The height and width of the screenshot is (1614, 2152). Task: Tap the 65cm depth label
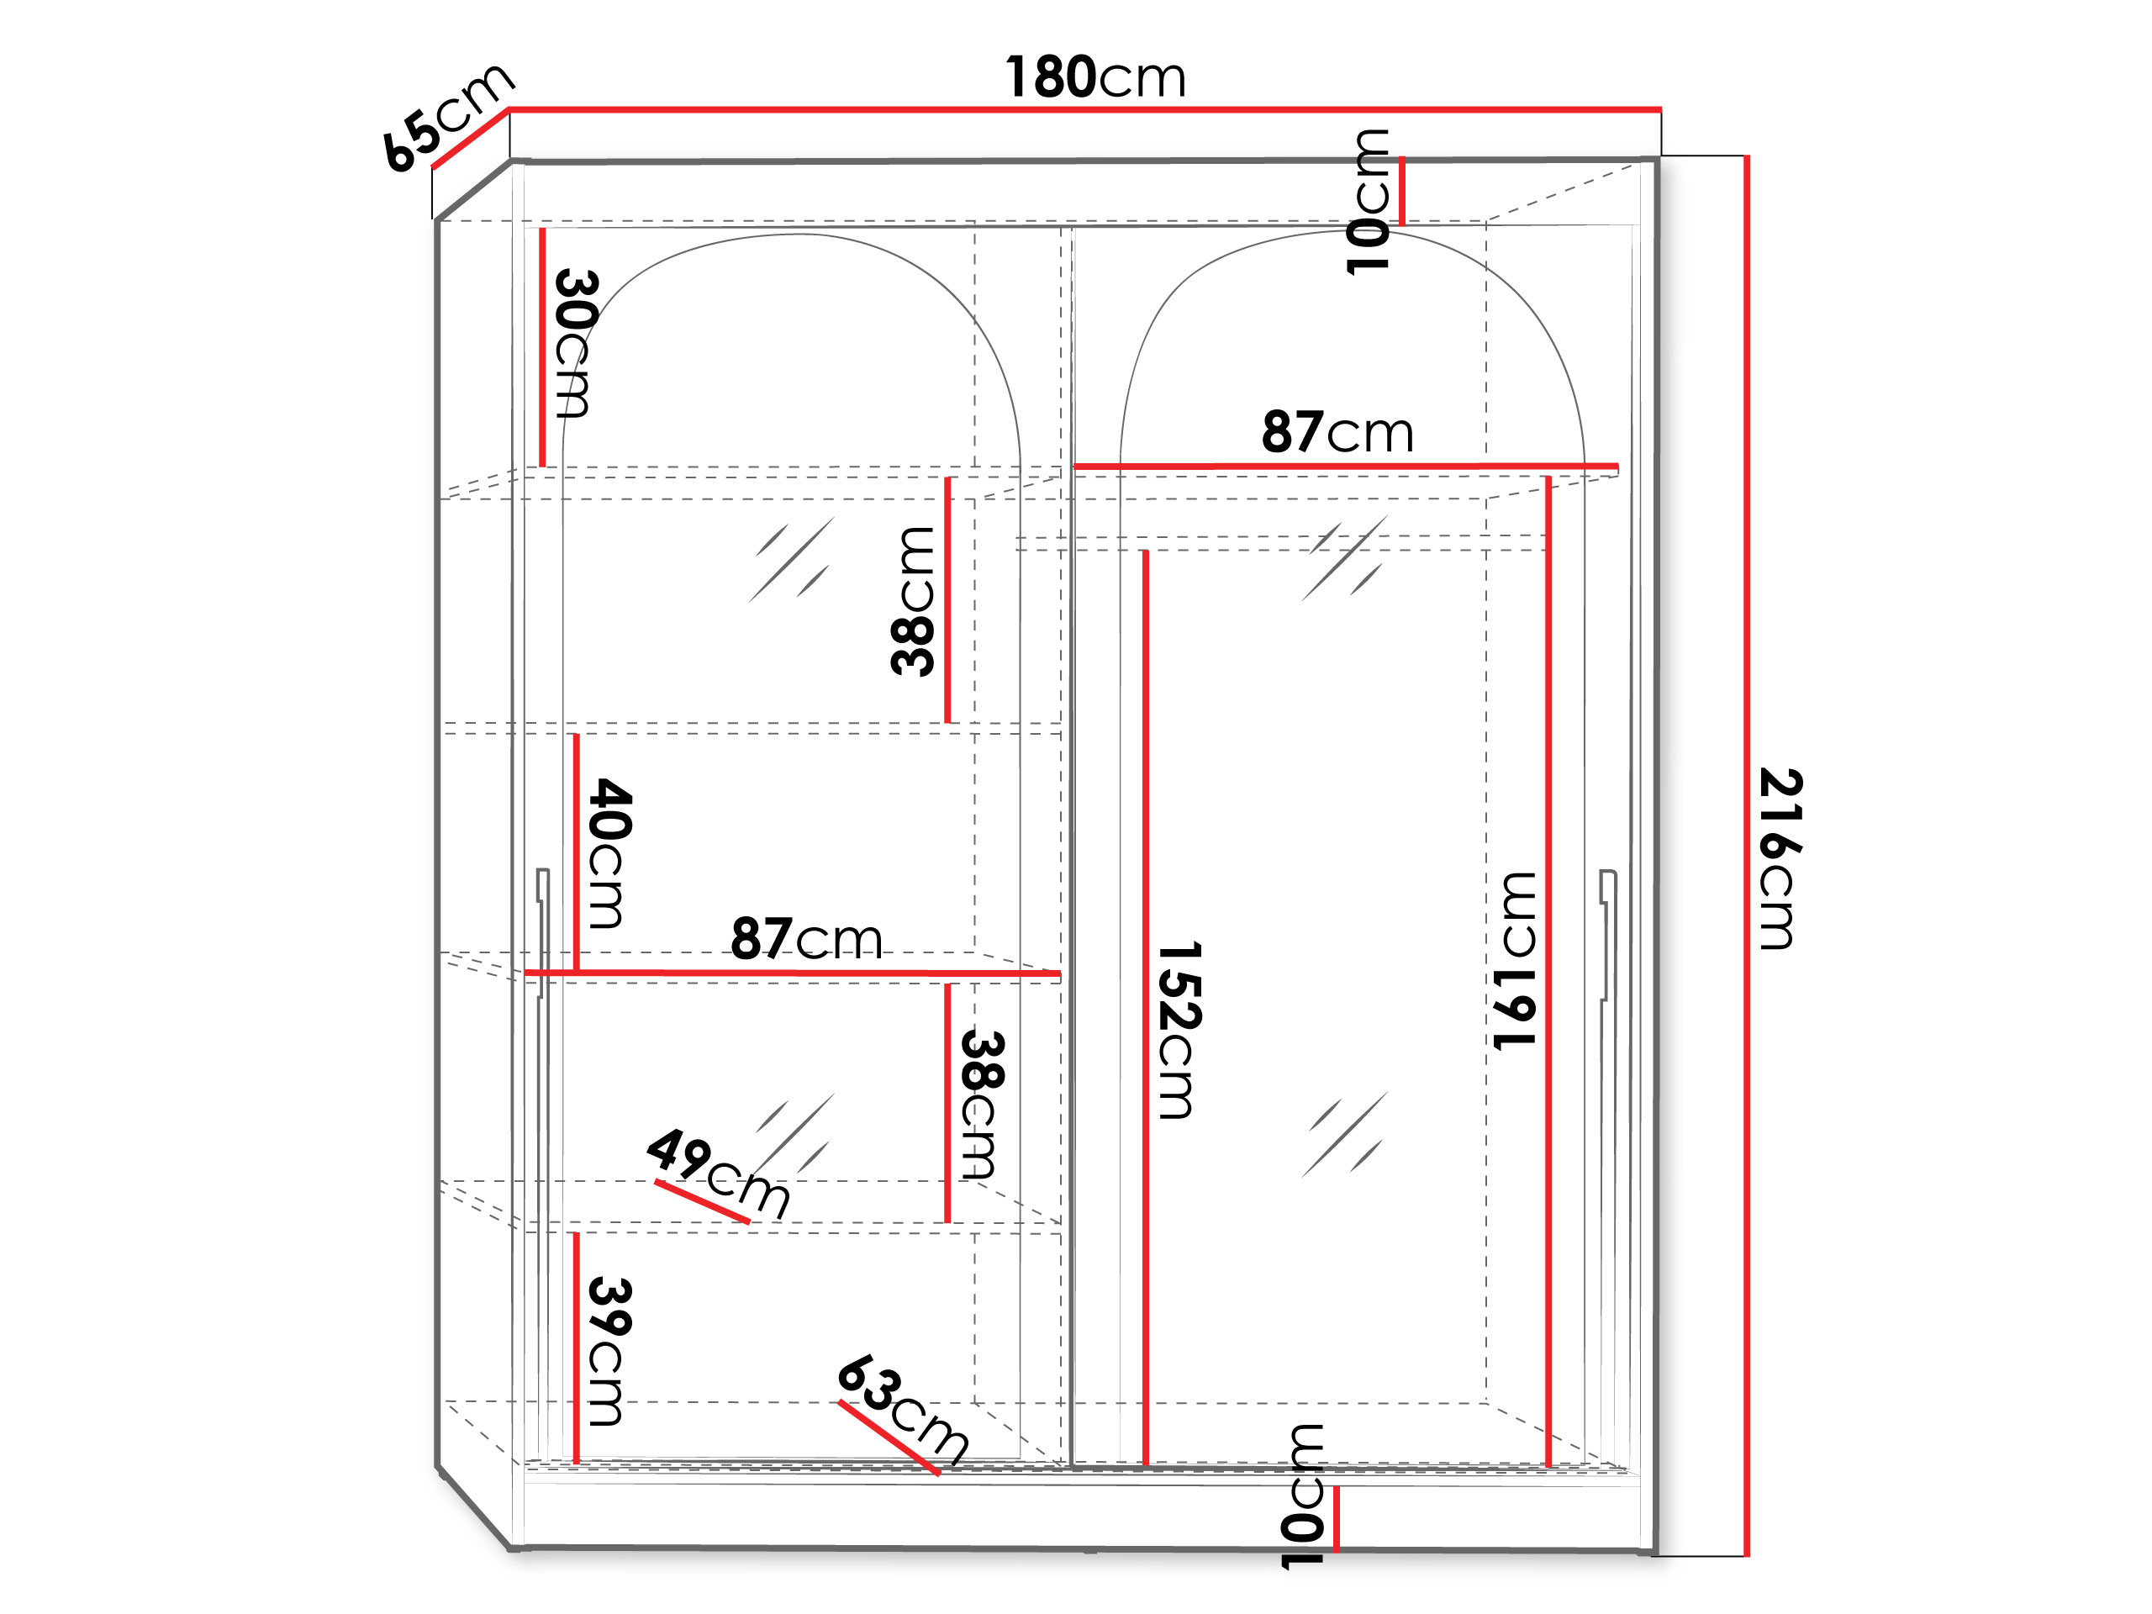(x=447, y=117)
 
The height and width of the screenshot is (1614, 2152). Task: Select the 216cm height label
(x=1781, y=858)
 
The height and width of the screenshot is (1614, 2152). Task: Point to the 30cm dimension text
(x=576, y=344)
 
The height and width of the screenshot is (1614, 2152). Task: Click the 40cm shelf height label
(x=610, y=853)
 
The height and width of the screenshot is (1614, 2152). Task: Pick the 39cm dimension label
(x=610, y=1352)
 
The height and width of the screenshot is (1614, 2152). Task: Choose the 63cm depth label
(x=904, y=1409)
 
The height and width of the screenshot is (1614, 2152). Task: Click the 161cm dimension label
(x=1515, y=961)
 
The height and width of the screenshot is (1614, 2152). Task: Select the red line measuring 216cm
(x=1748, y=856)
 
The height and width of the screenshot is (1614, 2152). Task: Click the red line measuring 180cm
(x=1084, y=109)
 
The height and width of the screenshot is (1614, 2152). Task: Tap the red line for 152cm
(x=1145, y=1008)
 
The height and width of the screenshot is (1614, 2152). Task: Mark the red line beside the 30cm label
(x=542, y=347)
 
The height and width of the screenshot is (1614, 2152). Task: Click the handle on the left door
(x=542, y=932)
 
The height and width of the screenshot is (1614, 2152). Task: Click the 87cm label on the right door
(x=1337, y=432)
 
